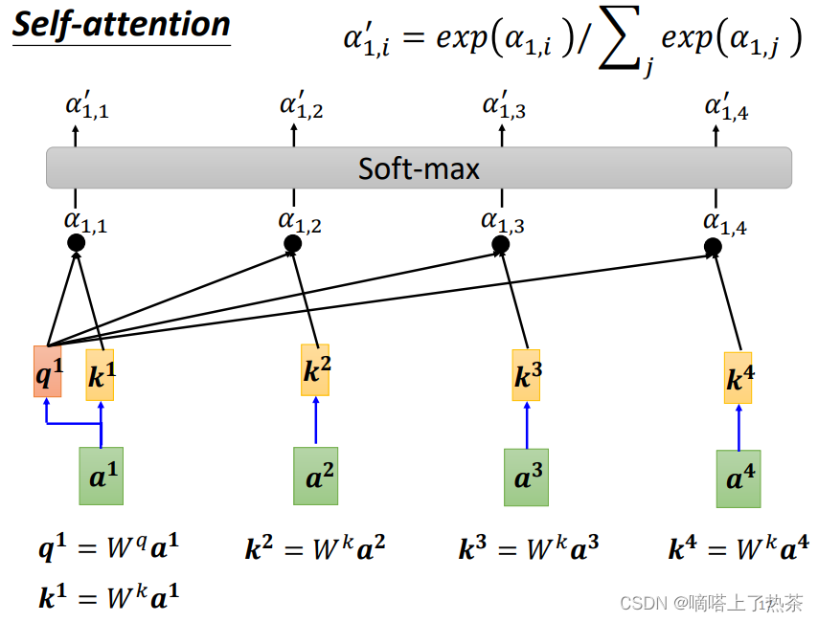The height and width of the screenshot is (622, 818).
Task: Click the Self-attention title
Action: coord(121,24)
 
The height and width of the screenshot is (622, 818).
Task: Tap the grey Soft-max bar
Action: coord(419,168)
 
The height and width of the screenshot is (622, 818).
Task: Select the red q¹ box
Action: coord(47,373)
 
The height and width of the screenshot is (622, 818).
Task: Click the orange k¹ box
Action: coord(100,375)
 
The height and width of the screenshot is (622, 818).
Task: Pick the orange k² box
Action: coord(315,370)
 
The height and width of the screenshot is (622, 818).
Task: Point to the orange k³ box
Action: coord(526,375)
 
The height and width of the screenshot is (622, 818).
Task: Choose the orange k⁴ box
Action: coord(738,378)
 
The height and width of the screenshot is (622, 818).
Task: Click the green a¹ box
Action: coord(101,476)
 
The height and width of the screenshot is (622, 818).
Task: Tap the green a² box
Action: coord(315,476)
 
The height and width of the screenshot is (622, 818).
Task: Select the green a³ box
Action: coord(526,477)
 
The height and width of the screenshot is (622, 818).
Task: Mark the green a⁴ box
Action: coord(738,478)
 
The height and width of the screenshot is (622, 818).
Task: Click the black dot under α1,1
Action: coord(77,243)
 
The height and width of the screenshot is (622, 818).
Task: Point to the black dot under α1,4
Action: coord(713,248)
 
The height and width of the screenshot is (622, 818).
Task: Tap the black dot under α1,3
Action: coord(500,246)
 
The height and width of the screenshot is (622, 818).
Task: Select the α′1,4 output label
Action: coord(726,106)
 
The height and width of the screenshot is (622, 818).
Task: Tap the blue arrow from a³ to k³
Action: coord(526,425)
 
